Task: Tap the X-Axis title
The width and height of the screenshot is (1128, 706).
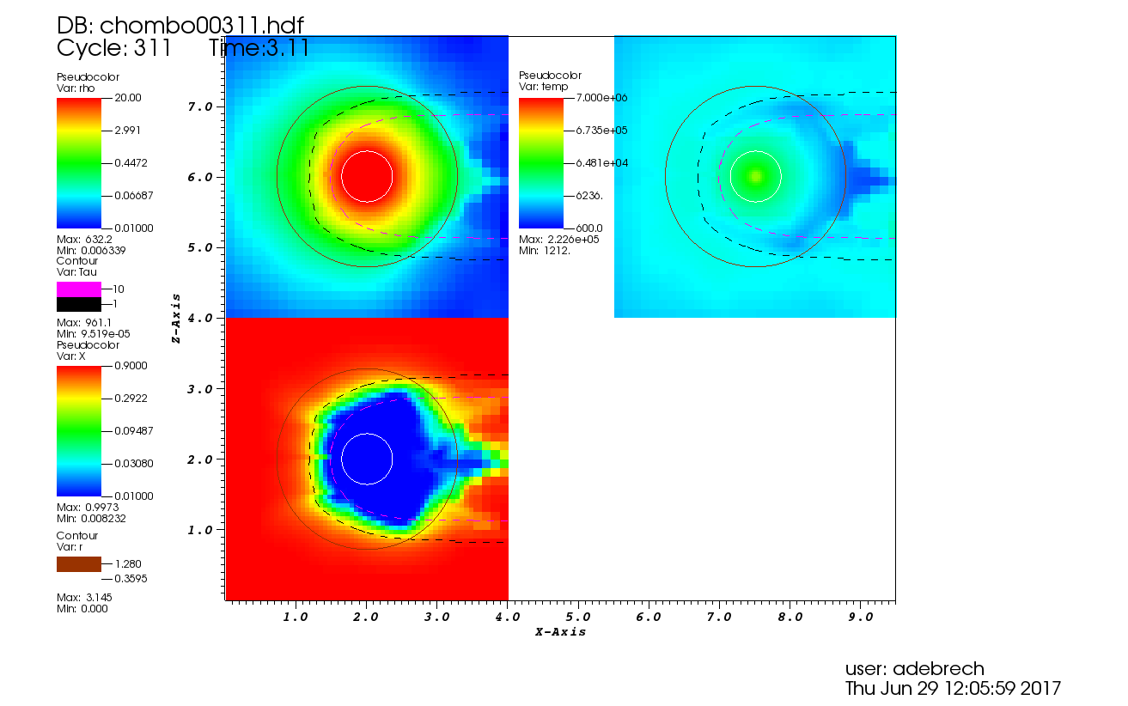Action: pyautogui.click(x=560, y=632)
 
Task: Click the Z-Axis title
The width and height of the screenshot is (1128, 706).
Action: pyautogui.click(x=176, y=318)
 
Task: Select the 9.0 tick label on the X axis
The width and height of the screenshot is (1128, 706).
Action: pyautogui.click(x=860, y=617)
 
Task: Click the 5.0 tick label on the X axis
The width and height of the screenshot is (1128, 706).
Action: pyautogui.click(x=577, y=617)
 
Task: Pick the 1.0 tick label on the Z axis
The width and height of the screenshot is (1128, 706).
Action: pyautogui.click(x=200, y=530)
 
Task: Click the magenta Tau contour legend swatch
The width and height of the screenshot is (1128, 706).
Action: pyautogui.click(x=78, y=289)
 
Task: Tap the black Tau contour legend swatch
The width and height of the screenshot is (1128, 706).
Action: pyautogui.click(x=78, y=304)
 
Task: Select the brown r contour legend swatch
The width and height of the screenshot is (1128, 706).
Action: pyautogui.click(x=78, y=564)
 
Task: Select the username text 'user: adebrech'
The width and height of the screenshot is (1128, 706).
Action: pyautogui.click(x=914, y=669)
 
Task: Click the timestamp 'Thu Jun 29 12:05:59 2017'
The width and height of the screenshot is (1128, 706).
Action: pyautogui.click(x=953, y=689)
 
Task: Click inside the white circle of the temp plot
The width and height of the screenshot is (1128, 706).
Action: pyautogui.click(x=755, y=177)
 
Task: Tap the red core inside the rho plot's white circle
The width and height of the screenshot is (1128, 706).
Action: pyautogui.click(x=367, y=177)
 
